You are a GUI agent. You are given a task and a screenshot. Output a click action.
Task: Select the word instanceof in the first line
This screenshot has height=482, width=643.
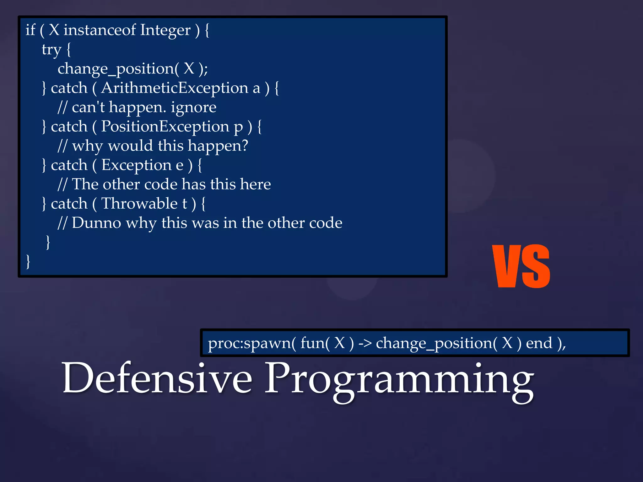100,30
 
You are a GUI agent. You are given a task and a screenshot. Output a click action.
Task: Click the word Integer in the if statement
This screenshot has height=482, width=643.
165,31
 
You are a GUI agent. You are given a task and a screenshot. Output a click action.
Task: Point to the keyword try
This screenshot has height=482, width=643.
51,50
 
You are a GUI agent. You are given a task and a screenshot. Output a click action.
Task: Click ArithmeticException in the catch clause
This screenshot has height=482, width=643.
175,88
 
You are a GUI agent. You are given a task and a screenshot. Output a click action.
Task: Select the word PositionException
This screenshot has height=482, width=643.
165,126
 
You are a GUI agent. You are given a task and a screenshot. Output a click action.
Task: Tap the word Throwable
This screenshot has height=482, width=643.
139,203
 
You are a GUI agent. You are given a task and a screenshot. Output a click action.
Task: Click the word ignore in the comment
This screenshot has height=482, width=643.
193,108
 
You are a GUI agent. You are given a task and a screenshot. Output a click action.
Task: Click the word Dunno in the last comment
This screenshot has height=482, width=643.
96,223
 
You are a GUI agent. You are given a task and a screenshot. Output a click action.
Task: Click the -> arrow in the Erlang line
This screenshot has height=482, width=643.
365,343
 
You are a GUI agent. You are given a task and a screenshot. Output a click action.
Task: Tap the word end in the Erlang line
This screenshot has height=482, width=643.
539,343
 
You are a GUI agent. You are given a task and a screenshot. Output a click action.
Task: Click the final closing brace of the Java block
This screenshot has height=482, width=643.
28,261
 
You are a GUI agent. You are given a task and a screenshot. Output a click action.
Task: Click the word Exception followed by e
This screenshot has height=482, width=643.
136,165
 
